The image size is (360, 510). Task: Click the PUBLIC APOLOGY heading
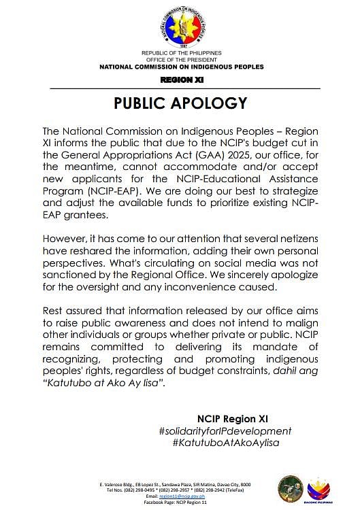click(180, 103)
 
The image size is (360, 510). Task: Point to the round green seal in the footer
click(289, 488)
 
